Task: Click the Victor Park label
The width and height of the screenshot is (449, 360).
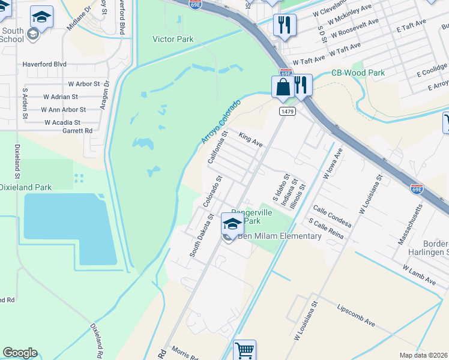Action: tap(173, 40)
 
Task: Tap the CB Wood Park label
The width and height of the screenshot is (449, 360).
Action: tap(358, 73)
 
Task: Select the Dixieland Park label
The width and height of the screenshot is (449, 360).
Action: tap(25, 187)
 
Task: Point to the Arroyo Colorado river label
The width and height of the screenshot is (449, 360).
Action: tap(221, 122)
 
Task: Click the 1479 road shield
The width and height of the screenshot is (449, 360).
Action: tap(286, 111)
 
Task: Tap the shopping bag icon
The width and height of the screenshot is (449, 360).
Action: tap(282, 86)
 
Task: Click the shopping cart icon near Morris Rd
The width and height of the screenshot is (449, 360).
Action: tap(244, 350)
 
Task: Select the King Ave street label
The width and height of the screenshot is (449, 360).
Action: tap(251, 140)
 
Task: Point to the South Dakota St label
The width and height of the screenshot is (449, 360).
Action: tap(202, 235)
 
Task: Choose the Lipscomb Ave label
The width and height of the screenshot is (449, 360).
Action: tap(356, 314)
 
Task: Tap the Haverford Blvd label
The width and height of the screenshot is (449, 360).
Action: tap(44, 64)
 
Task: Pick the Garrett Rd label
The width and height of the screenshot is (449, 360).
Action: tap(77, 130)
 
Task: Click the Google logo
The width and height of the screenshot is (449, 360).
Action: tap(20, 353)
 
